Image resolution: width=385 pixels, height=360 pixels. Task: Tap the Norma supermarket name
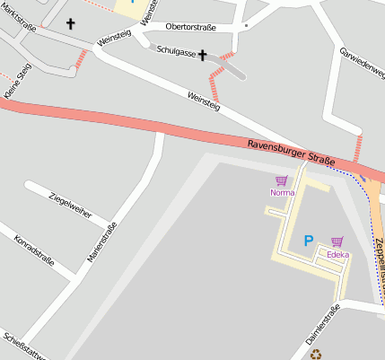pyautogui.click(x=282, y=193)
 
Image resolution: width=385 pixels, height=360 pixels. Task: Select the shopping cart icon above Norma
pyautogui.click(x=281, y=180)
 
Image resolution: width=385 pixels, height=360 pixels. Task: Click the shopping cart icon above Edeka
pyautogui.click(x=337, y=241)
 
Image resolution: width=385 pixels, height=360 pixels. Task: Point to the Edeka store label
pyautogui.click(x=337, y=255)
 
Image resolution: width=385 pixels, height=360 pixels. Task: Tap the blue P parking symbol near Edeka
pyautogui.click(x=309, y=241)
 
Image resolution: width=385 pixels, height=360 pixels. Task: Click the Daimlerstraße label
pyautogui.click(x=323, y=325)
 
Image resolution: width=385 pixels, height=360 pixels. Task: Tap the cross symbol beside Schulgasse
pyautogui.click(x=203, y=56)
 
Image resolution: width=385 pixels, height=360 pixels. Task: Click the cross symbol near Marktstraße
pyautogui.click(x=71, y=24)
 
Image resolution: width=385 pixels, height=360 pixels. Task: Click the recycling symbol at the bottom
pyautogui.click(x=316, y=354)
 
